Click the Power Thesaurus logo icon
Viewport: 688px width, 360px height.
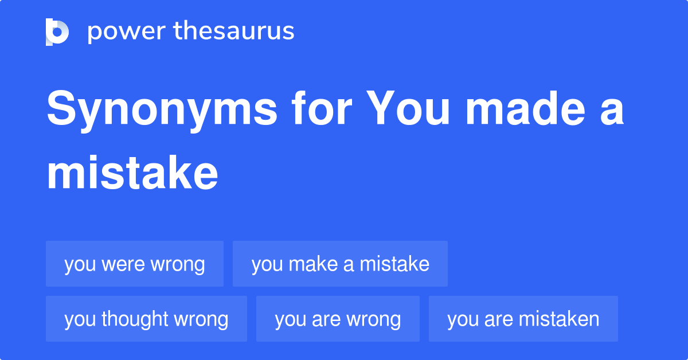(57, 32)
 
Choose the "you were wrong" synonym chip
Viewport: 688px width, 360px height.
(135, 264)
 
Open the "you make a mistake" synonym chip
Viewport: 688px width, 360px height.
(340, 264)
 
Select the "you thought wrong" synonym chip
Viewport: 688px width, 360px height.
(146, 319)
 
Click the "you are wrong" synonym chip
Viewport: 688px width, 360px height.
(338, 319)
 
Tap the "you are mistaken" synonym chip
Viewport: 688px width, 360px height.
(523, 319)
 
